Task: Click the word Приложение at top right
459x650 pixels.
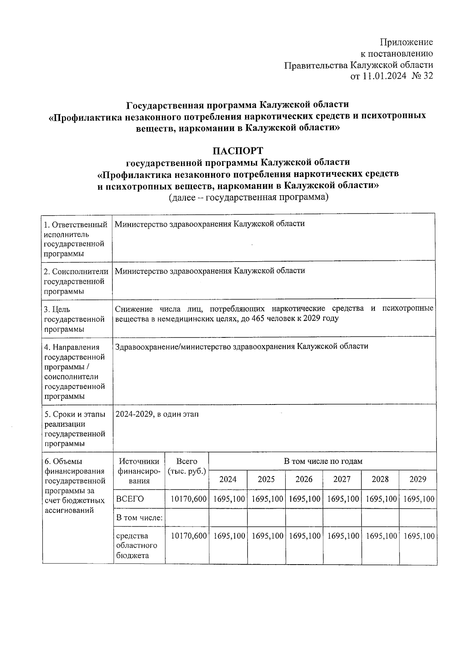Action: tap(406, 42)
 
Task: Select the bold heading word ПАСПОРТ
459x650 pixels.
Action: tap(238, 151)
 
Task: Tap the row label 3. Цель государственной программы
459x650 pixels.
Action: tap(75, 319)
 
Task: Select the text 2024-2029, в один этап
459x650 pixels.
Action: tap(157, 414)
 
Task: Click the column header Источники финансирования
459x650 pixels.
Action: tap(139, 471)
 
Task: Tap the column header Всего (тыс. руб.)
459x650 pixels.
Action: tap(187, 466)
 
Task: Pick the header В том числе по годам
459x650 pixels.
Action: tap(323, 461)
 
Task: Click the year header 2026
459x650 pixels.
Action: tap(304, 479)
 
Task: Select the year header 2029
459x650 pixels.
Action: tap(418, 479)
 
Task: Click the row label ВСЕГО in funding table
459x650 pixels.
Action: tap(130, 499)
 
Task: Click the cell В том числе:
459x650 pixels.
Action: tap(139, 518)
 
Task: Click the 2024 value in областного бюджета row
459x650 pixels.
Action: tap(229, 536)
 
